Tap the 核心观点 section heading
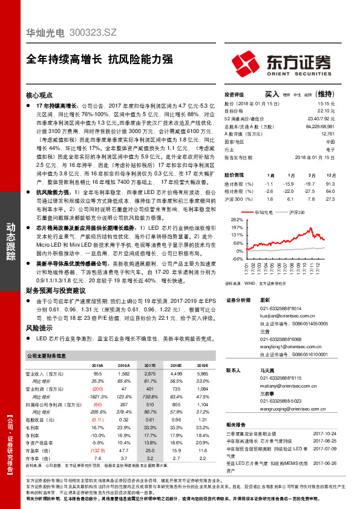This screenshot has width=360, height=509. point(41,96)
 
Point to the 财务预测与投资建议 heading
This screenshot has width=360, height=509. point(55,291)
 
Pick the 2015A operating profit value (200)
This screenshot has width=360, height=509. point(97,389)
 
